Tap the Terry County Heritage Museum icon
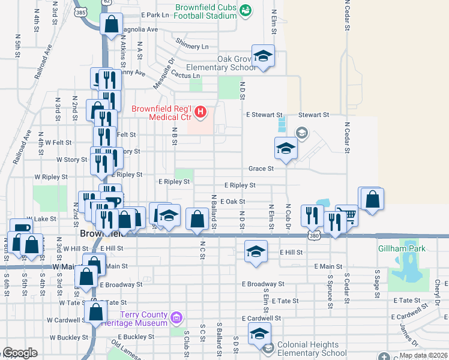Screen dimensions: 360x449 (x=175, y=316)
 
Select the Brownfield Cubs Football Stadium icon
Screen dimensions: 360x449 (x=245, y=10)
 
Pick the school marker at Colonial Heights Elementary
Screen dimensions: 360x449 (x=259, y=334)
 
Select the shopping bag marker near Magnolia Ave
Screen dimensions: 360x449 (x=112, y=26)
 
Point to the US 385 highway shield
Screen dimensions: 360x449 (x=80, y=11)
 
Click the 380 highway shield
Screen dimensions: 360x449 (x=314, y=236)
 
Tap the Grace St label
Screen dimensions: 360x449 (x=262, y=169)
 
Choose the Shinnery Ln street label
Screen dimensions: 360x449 (x=192, y=46)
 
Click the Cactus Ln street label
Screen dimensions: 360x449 (x=187, y=76)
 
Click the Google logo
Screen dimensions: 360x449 (x=20, y=353)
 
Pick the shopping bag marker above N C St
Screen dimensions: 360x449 (x=197, y=219)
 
